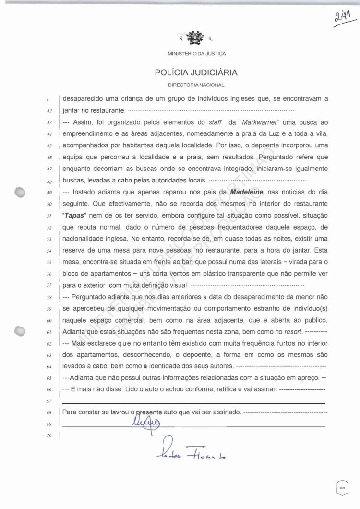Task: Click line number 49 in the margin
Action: [49, 193]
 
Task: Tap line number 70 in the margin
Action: [49, 436]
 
